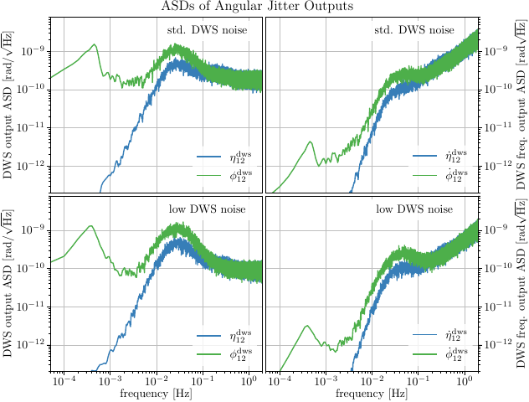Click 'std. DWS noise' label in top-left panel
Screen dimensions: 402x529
coord(206,30)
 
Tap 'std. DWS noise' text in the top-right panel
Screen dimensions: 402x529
coord(414,30)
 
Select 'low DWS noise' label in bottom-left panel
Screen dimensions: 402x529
coord(206,209)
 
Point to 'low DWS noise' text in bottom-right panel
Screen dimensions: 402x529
coord(414,209)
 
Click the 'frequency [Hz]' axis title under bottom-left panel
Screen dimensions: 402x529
coord(155,393)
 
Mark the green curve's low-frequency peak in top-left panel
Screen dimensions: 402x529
coord(95,45)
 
